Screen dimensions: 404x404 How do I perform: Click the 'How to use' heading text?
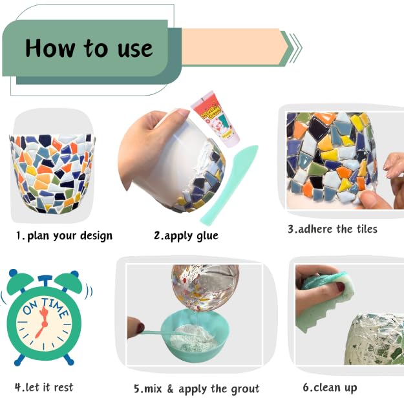(89, 48)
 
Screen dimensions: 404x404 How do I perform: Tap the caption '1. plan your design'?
(64, 236)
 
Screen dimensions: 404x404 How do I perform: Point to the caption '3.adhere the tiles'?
(332, 229)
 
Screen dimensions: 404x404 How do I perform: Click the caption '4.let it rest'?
(44, 387)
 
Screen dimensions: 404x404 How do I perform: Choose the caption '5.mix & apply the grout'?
(196, 388)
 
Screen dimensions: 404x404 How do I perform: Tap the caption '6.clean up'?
(329, 388)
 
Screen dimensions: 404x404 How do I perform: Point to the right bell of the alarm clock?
(69, 282)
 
